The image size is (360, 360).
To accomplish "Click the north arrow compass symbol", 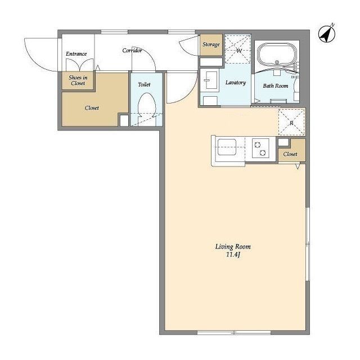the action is coord(326,34).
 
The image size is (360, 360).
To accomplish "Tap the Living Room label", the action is coord(233,247).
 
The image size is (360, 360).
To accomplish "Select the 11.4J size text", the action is coord(233,255).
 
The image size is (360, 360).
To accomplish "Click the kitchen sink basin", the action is coord(227,147).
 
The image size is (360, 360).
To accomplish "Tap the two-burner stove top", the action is coord(260,148).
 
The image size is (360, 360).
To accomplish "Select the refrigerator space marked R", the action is coord(291,122).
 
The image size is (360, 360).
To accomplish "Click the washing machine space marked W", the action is coord(237,49).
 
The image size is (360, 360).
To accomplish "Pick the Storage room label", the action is coord(211,44).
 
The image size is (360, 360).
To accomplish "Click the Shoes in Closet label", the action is coord(78,80).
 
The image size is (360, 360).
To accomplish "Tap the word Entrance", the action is coord(76,54).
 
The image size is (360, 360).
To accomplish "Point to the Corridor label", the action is coord(132,50).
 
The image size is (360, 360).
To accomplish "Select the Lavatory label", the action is coord(236,83).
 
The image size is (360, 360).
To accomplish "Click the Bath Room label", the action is coord(276,86).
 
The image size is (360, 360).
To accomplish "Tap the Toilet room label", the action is coord(144,84).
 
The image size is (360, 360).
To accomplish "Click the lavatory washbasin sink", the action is coord(210,80).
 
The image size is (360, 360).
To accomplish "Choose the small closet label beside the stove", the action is coord(290,154).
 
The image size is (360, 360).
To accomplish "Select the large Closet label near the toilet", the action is coord(92,107).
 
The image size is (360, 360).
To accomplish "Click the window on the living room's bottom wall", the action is coord(234,332).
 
